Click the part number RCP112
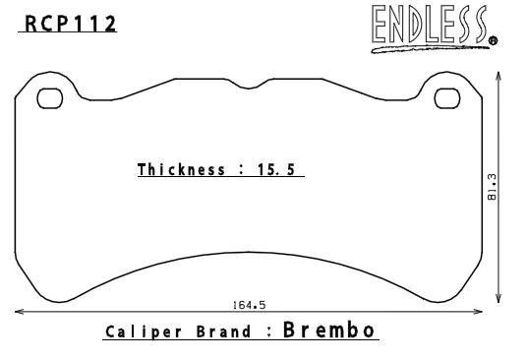(71, 24)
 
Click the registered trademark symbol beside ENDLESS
(493, 40)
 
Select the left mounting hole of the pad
(50, 98)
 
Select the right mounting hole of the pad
(447, 98)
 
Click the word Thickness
(181, 169)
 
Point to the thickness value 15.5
(276, 169)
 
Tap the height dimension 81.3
(492, 187)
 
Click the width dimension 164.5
(249, 305)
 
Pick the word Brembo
(328, 330)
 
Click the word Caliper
(144, 332)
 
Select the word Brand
(223, 331)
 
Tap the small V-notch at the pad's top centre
(249, 88)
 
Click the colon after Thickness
(241, 169)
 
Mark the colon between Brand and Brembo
(269, 332)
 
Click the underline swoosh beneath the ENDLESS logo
(431, 49)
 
